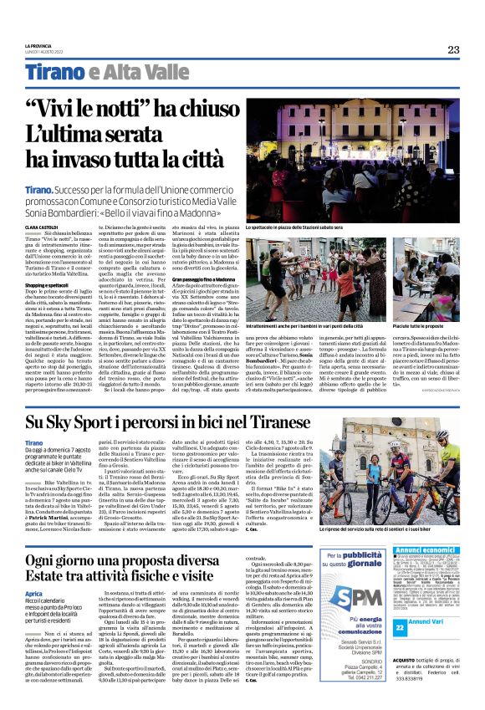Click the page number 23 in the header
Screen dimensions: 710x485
pos(453,49)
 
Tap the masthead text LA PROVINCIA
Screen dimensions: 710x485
pos(38,46)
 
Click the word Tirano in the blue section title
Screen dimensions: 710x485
pos(52,72)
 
